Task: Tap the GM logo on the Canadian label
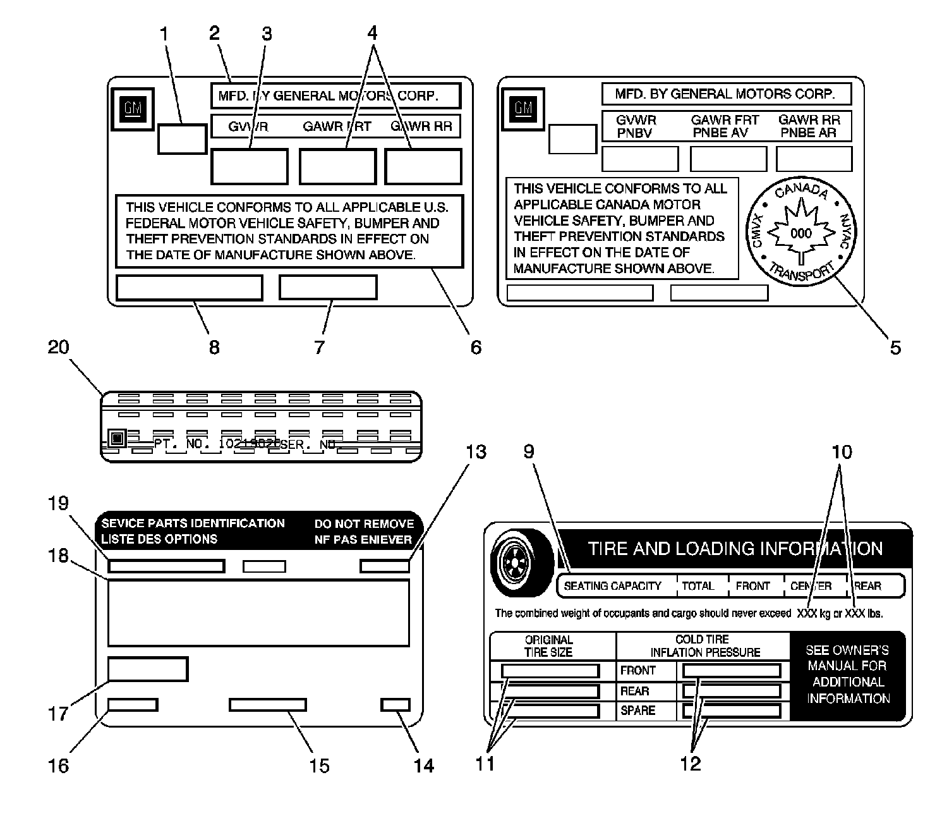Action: click(x=523, y=108)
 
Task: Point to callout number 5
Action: click(x=895, y=347)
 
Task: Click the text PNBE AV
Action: click(x=720, y=133)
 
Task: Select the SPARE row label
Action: click(x=637, y=711)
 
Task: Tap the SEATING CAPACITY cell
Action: click(x=612, y=586)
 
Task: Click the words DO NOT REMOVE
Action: click(x=364, y=524)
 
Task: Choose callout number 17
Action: click(x=58, y=714)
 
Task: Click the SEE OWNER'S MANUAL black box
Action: click(x=848, y=675)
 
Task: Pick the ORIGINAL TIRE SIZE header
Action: click(x=548, y=645)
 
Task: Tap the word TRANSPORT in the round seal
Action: click(x=800, y=272)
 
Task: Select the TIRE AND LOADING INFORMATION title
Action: click(x=735, y=548)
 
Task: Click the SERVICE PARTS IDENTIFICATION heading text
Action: click(x=193, y=523)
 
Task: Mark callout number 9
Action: click(x=529, y=452)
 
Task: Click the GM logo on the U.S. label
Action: click(x=133, y=109)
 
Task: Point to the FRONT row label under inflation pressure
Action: click(x=637, y=670)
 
